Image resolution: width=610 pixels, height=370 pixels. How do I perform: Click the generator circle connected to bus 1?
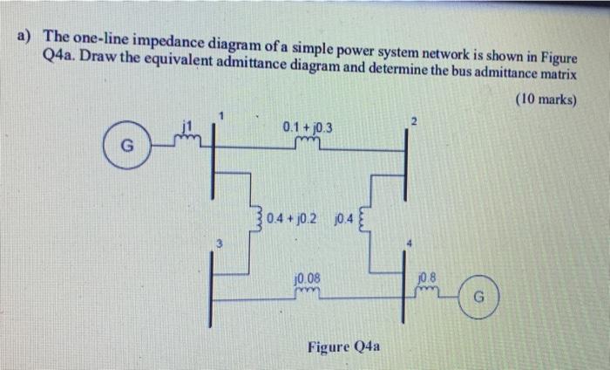(124, 145)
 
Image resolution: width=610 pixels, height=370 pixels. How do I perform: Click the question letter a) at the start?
(24, 38)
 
